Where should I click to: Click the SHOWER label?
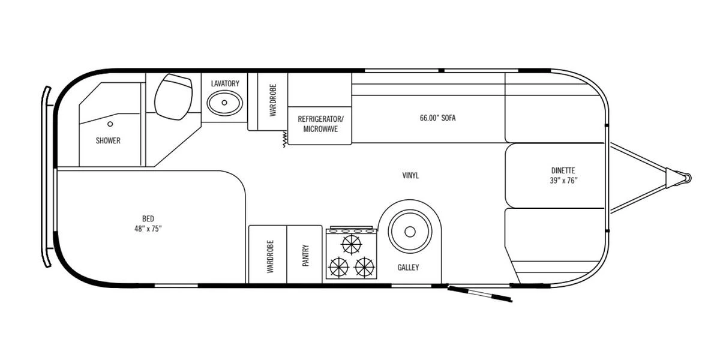(x=108, y=140)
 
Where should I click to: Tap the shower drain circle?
(x=110, y=124)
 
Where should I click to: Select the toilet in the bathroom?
(x=173, y=97)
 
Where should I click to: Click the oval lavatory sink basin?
(x=224, y=103)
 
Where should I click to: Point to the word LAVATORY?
(x=225, y=83)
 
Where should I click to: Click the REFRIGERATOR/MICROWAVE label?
(x=320, y=124)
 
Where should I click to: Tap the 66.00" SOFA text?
(x=437, y=118)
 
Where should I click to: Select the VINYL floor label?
(x=410, y=175)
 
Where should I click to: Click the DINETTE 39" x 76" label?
(x=563, y=175)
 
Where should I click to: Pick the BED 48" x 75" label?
(x=148, y=224)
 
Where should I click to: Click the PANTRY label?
(x=305, y=255)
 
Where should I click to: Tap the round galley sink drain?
(x=410, y=232)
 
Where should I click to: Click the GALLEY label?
(x=408, y=268)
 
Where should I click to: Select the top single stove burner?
(x=352, y=244)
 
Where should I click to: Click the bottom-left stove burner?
(x=339, y=267)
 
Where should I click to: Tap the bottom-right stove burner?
(x=365, y=267)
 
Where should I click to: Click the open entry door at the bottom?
(x=480, y=294)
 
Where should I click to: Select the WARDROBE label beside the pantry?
(x=270, y=257)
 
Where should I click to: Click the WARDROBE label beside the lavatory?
(x=272, y=100)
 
